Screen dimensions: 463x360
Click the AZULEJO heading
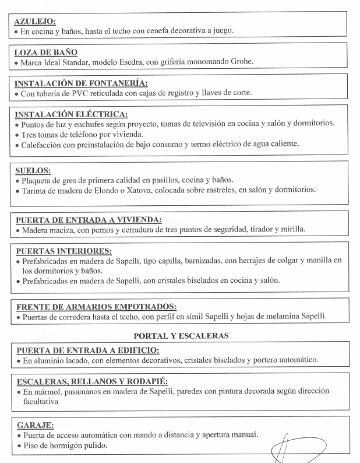[x=34, y=21]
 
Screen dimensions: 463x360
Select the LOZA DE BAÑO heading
[x=45, y=52]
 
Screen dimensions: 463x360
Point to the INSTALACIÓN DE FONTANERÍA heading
[x=80, y=83]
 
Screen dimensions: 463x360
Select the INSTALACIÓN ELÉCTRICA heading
[x=70, y=114]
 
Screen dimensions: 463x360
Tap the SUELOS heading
[x=33, y=171]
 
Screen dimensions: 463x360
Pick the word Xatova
[x=150, y=190]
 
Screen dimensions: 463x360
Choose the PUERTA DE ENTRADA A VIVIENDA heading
[x=88, y=220]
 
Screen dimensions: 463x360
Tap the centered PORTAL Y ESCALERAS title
[x=181, y=336]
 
